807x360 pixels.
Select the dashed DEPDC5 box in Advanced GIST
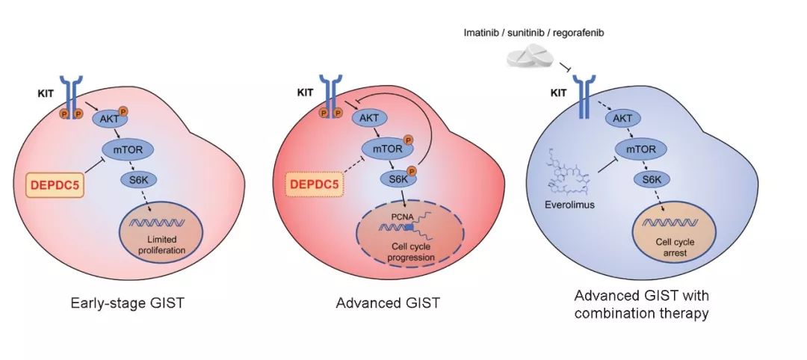tap(314, 181)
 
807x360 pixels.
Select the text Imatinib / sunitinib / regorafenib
tap(531, 34)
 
